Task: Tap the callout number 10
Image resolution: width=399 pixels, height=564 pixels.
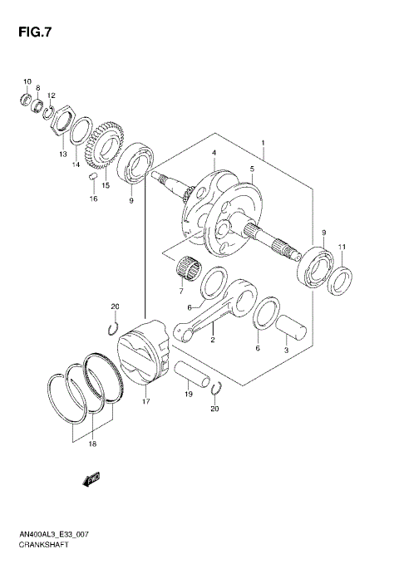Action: tap(27, 81)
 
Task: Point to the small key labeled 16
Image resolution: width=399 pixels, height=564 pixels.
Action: tap(94, 179)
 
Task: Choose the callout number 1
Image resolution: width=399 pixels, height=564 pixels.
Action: tap(263, 144)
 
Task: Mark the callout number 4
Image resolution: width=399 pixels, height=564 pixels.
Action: tap(214, 153)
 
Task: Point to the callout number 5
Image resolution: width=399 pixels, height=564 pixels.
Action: tap(252, 169)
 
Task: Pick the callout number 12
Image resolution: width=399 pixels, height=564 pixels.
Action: tap(52, 96)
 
